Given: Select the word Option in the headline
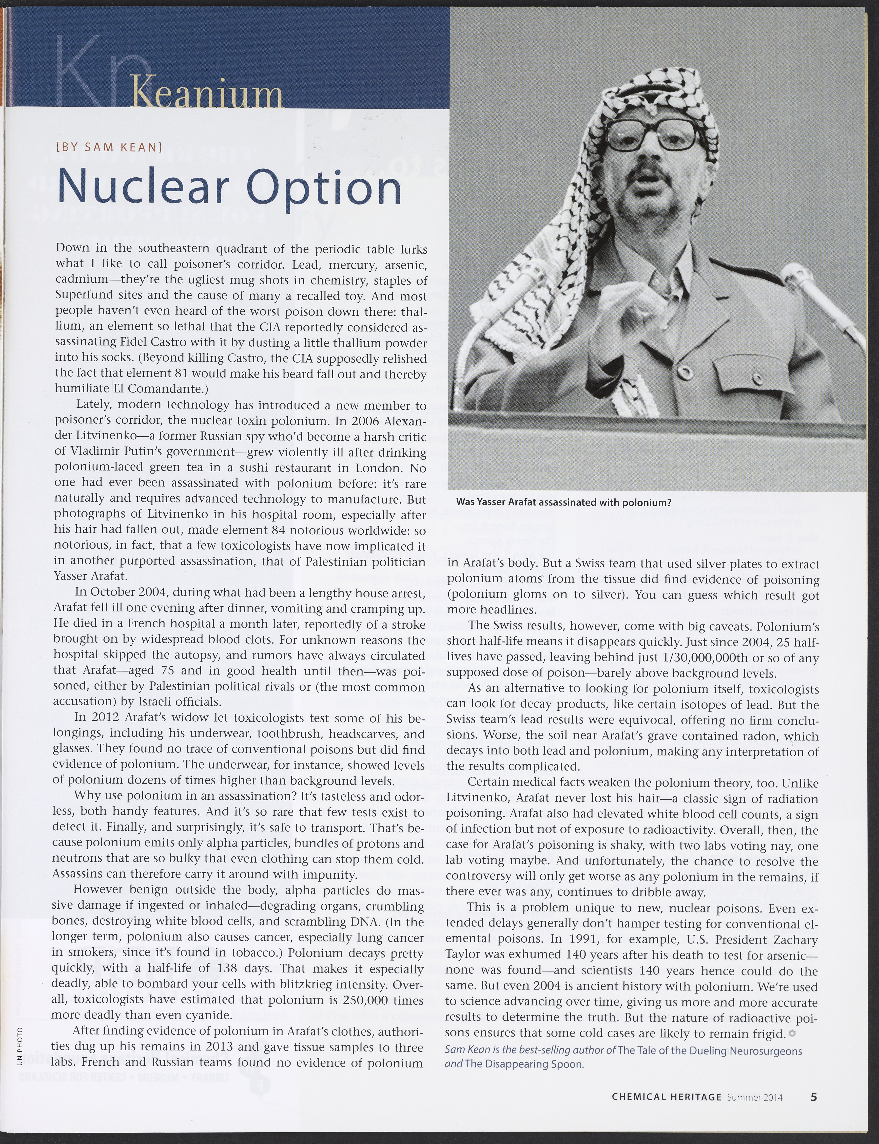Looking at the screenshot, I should [324, 189].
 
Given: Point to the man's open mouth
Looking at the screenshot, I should [650, 180].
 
